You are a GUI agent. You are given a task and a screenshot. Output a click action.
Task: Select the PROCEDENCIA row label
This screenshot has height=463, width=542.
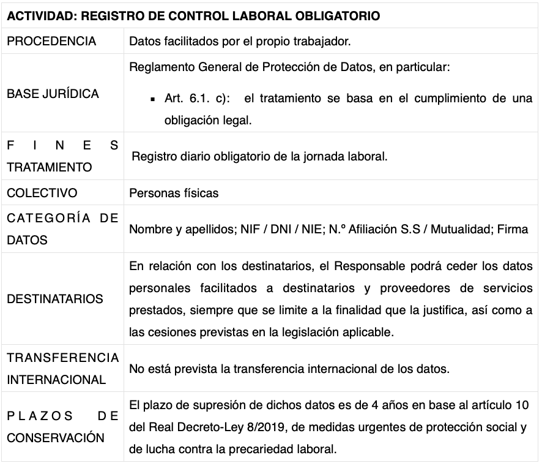(x=51, y=42)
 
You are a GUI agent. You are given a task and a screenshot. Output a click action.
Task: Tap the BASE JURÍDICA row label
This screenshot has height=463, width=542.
(x=53, y=94)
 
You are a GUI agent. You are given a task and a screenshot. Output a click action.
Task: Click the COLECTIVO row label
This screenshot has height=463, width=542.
(x=42, y=193)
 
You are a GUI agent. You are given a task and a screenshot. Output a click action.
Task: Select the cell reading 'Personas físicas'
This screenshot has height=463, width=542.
(x=174, y=194)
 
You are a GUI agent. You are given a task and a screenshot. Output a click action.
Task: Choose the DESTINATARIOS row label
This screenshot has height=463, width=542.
(x=55, y=299)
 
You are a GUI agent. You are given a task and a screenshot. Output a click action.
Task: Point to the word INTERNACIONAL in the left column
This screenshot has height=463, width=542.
(x=56, y=380)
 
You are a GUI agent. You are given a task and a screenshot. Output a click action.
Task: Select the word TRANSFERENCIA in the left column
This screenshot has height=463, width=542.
(x=63, y=357)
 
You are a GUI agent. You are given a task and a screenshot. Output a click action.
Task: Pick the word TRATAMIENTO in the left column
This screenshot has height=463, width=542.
(x=50, y=167)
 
